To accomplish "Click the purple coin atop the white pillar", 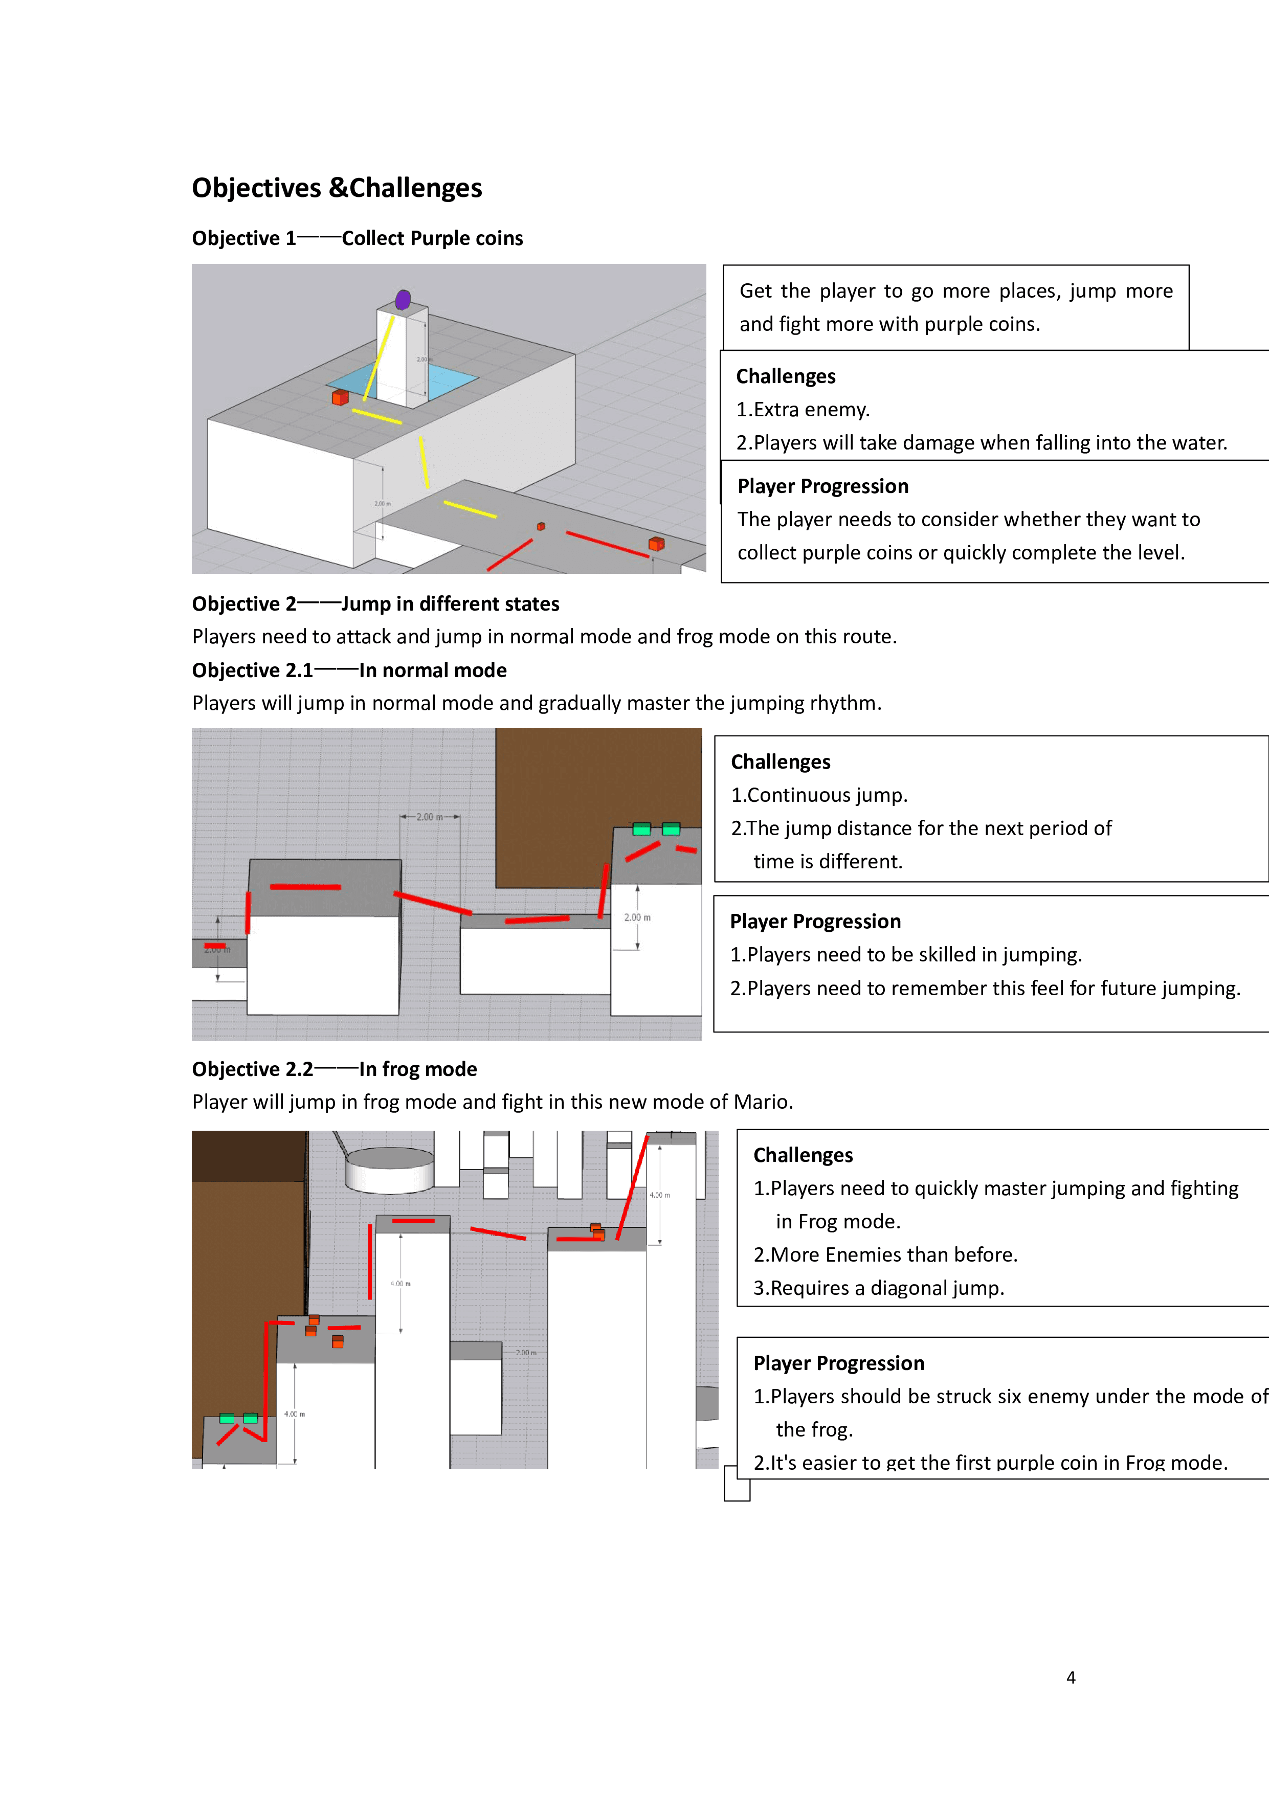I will [403, 299].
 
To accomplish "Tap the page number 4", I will [1071, 1677].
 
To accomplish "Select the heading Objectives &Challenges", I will [337, 188].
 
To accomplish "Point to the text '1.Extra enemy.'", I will [803, 410].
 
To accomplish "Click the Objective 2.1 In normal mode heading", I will [349, 670].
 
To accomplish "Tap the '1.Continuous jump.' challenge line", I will [819, 795].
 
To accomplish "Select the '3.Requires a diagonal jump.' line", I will [878, 1288].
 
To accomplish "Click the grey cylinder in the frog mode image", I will [389, 1169].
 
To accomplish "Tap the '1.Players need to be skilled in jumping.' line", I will [906, 955].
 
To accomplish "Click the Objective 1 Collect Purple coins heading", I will [357, 238].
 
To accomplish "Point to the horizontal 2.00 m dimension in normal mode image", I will [430, 817].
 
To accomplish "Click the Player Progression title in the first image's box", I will [823, 486].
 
